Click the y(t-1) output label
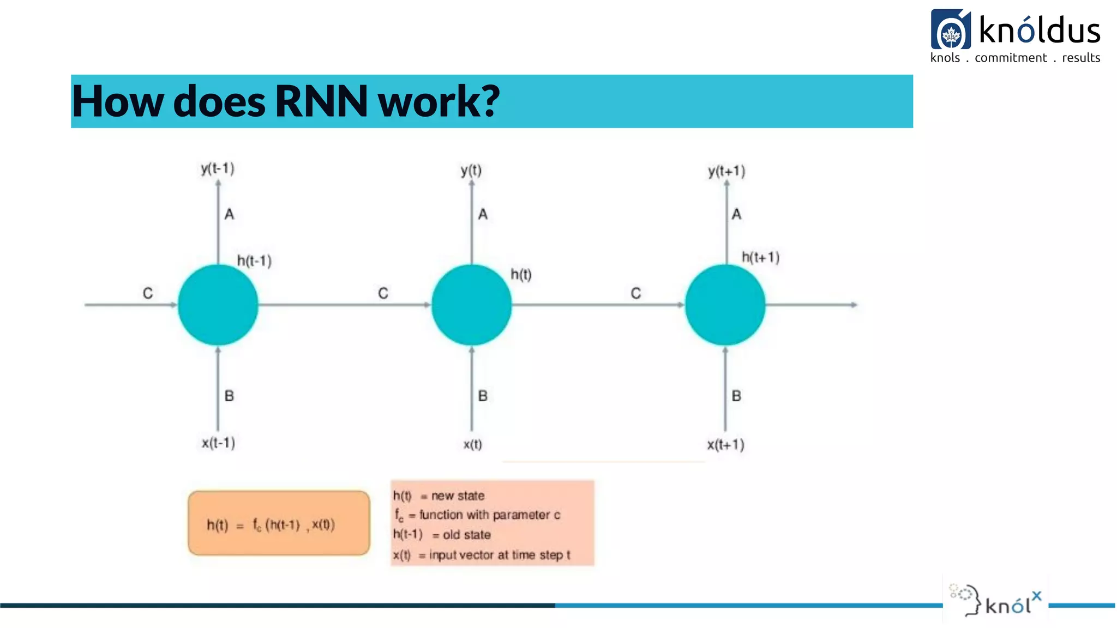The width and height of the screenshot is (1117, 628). tap(218, 168)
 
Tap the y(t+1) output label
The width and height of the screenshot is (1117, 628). tap(726, 171)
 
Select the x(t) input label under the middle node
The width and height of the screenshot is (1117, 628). tap(472, 444)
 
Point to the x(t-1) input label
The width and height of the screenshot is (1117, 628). tap(218, 443)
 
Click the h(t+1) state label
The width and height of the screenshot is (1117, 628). tap(760, 257)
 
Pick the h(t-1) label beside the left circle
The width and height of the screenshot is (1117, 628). tap(254, 261)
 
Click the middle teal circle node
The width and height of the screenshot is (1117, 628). tap(471, 305)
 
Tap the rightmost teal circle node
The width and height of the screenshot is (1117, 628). tap(725, 305)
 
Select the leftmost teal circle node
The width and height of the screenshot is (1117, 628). tap(218, 305)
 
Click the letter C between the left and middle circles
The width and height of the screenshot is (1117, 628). tap(383, 293)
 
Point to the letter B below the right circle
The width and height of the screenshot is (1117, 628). tap(736, 396)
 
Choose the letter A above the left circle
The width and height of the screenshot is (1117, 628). tap(229, 214)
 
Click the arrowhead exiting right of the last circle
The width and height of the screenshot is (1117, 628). tap(854, 305)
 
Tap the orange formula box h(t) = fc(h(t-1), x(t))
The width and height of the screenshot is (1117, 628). tap(279, 523)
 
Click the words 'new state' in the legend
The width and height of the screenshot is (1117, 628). tap(458, 496)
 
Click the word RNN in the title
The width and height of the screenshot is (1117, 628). tap(322, 101)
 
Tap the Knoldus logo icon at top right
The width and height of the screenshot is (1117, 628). tap(950, 30)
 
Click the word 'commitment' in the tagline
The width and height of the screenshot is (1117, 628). tap(1011, 58)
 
